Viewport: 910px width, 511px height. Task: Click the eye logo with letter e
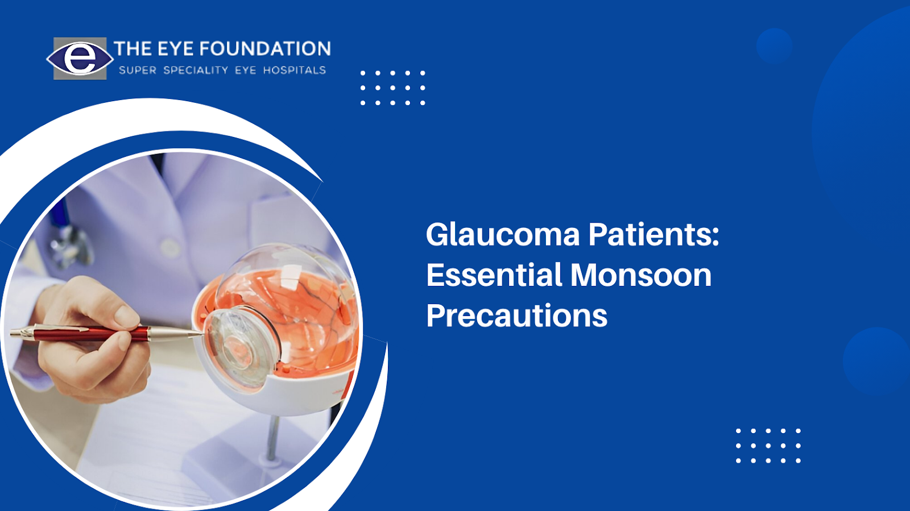coord(80,59)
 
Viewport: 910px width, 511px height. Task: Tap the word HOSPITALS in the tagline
coord(294,70)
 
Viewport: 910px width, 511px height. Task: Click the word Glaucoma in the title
coord(503,235)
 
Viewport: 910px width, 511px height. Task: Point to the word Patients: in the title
coord(653,235)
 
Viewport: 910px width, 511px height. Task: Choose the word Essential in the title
coord(494,275)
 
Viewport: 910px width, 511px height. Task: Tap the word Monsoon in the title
coord(640,275)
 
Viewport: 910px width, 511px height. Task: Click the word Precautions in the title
coord(516,316)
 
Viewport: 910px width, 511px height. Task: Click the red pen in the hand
coord(85,333)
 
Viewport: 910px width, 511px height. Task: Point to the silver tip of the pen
coord(182,335)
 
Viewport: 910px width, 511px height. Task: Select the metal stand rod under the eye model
coord(272,438)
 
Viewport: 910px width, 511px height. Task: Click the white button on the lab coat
coord(169,247)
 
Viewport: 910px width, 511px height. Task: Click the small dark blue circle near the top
coord(774,45)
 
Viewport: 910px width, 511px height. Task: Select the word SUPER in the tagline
coord(137,70)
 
